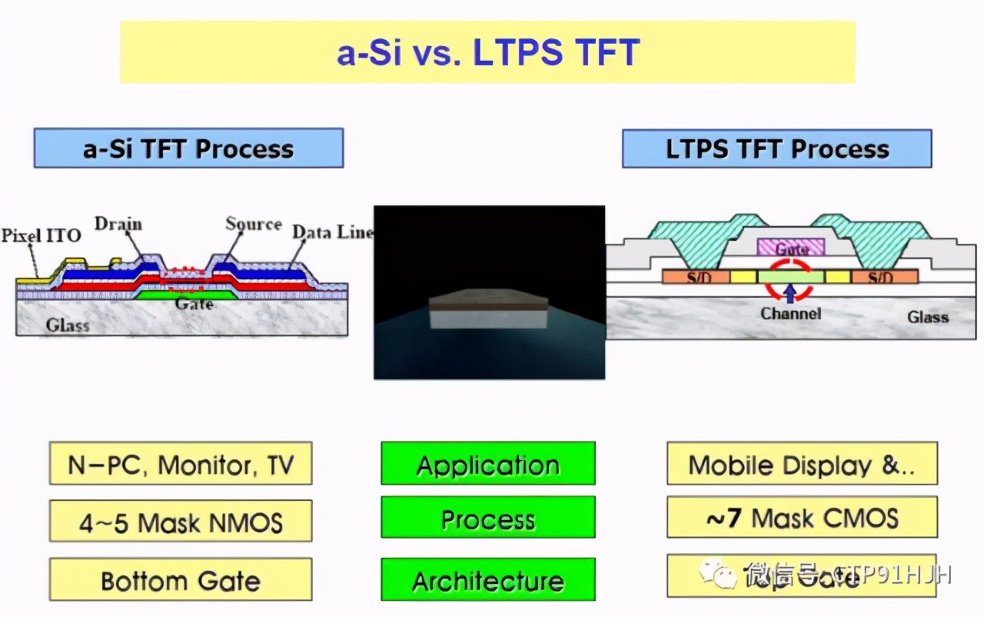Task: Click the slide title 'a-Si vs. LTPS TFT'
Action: click(x=487, y=52)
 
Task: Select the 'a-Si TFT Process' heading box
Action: click(x=188, y=148)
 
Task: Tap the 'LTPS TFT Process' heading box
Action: click(x=776, y=148)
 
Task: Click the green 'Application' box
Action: click(x=488, y=464)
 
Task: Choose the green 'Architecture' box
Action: click(x=488, y=580)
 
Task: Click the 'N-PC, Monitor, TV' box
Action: click(x=181, y=464)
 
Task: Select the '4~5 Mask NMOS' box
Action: click(x=181, y=522)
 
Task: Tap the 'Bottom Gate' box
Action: click(x=181, y=580)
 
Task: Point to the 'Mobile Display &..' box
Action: click(x=802, y=464)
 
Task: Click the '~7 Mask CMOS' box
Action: click(x=802, y=518)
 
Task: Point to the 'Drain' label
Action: click(x=118, y=224)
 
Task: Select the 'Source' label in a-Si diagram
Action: click(x=253, y=224)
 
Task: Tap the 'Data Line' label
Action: click(x=332, y=232)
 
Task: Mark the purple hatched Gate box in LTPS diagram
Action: click(x=791, y=248)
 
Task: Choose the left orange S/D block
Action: click(x=696, y=277)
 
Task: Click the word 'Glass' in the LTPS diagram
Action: click(x=928, y=317)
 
